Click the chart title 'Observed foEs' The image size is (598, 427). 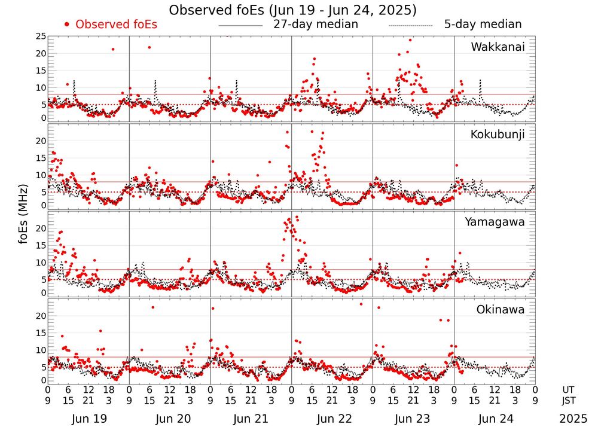pos(292,10)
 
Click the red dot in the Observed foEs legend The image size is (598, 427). pos(68,25)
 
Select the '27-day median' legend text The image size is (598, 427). pos(315,25)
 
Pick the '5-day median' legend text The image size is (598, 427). pos(483,25)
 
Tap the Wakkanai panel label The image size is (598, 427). pos(498,47)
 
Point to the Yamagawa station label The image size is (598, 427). pos(495,222)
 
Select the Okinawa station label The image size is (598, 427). pos(500,310)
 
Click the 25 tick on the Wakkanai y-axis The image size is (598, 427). pos(40,36)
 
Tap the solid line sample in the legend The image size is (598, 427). pos(240,26)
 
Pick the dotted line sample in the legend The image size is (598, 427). pos(410,26)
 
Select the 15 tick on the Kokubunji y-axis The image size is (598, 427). pos(40,158)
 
